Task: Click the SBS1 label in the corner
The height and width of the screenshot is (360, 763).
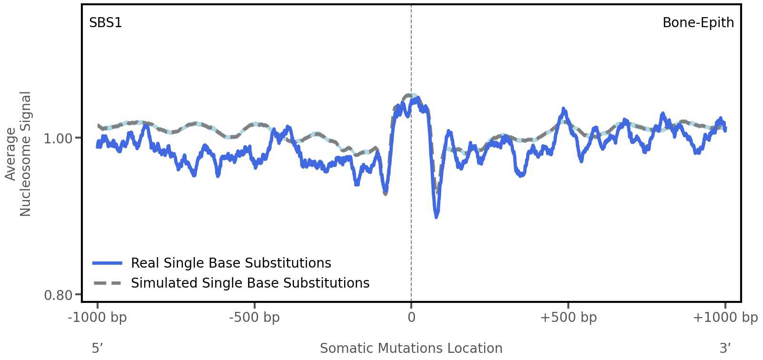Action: [x=106, y=23]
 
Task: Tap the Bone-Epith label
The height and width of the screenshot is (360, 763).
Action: [x=698, y=23]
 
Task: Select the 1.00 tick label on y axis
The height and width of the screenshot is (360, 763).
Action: [x=58, y=139]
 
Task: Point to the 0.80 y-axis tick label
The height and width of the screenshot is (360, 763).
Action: [x=58, y=296]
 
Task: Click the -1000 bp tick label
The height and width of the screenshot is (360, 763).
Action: [x=98, y=318]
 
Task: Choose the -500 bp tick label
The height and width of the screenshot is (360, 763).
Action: [x=254, y=318]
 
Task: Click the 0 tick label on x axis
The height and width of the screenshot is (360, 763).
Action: [x=411, y=318]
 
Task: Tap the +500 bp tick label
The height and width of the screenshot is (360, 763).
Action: [x=568, y=318]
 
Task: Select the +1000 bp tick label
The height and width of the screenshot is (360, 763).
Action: [x=725, y=318]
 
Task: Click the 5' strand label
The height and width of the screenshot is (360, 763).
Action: [x=97, y=348]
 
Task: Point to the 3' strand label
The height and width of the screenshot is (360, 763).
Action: [x=725, y=348]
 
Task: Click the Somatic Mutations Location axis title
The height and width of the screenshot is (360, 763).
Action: [x=411, y=348]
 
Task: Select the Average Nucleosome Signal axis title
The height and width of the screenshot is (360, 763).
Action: [x=18, y=153]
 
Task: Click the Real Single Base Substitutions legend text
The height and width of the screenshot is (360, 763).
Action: [x=231, y=263]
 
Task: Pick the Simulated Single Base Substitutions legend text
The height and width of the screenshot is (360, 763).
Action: [x=250, y=283]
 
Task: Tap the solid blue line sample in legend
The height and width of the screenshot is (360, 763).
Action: [x=108, y=263]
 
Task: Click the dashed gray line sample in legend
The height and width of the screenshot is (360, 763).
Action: [x=108, y=283]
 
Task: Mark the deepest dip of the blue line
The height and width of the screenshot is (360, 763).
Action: [x=436, y=217]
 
